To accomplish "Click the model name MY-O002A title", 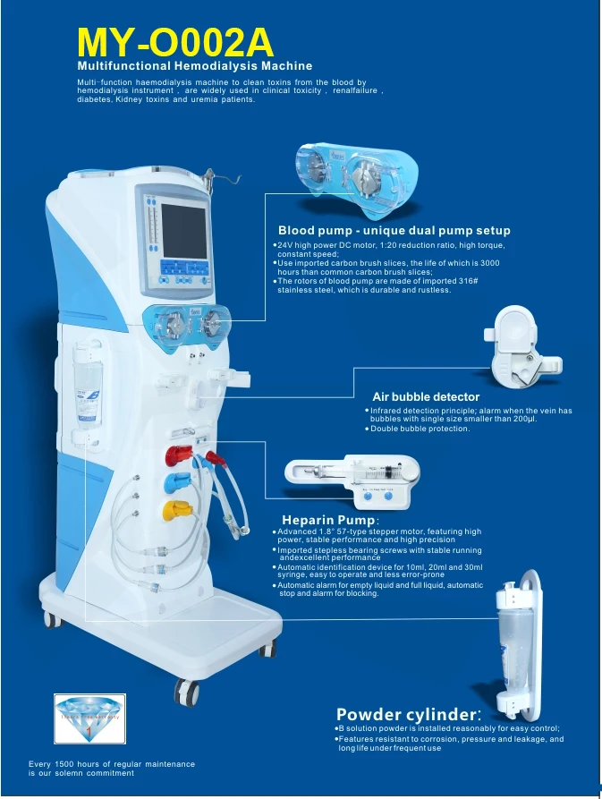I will tap(174, 41).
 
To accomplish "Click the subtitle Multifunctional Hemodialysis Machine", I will tap(194, 66).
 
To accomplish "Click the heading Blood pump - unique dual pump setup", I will tap(394, 231).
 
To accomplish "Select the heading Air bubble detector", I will tap(426, 396).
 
